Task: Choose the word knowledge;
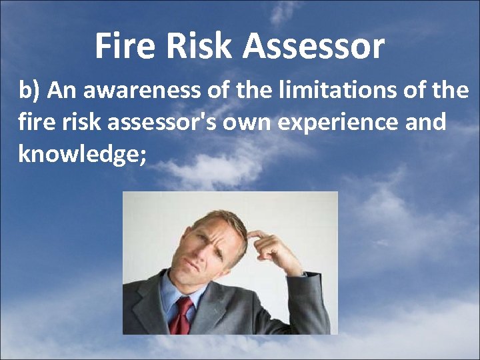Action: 82,154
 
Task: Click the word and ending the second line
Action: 427,123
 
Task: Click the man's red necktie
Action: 181,316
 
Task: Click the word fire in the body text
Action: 33,123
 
